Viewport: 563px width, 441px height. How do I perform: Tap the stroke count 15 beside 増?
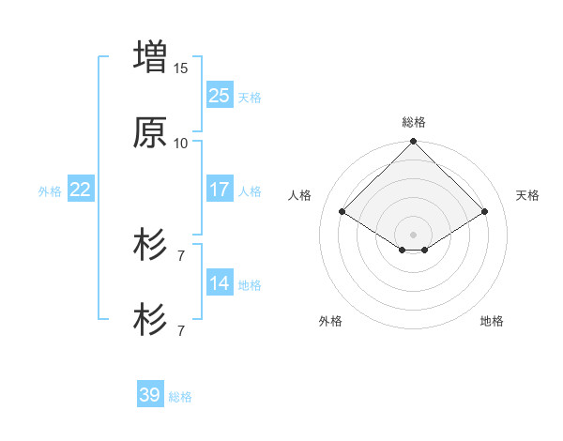[x=181, y=68]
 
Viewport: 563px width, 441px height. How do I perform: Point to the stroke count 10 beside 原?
[x=181, y=143]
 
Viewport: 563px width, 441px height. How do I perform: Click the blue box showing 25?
[x=220, y=95]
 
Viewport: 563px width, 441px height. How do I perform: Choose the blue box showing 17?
[x=220, y=190]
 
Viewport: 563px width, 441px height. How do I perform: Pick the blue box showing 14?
[x=220, y=283]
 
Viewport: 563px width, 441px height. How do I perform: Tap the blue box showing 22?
[x=81, y=190]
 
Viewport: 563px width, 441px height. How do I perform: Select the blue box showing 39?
[x=150, y=395]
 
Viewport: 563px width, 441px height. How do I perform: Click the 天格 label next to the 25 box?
[x=250, y=97]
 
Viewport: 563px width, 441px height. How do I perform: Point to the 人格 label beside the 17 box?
[x=250, y=191]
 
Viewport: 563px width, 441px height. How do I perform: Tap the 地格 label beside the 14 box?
[x=250, y=285]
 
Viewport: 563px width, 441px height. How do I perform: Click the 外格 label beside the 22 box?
[x=50, y=191]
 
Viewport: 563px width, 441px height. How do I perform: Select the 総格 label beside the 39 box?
[x=180, y=397]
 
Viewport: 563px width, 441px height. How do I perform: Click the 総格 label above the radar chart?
[x=414, y=122]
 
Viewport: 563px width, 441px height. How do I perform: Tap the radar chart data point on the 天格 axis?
[x=485, y=212]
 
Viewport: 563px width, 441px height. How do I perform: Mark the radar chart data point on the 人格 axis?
[x=342, y=212]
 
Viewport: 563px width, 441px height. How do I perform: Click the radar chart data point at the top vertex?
[x=414, y=143]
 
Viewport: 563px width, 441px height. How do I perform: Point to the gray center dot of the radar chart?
[x=414, y=234]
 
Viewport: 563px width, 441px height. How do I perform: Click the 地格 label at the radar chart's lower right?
[x=492, y=322]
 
